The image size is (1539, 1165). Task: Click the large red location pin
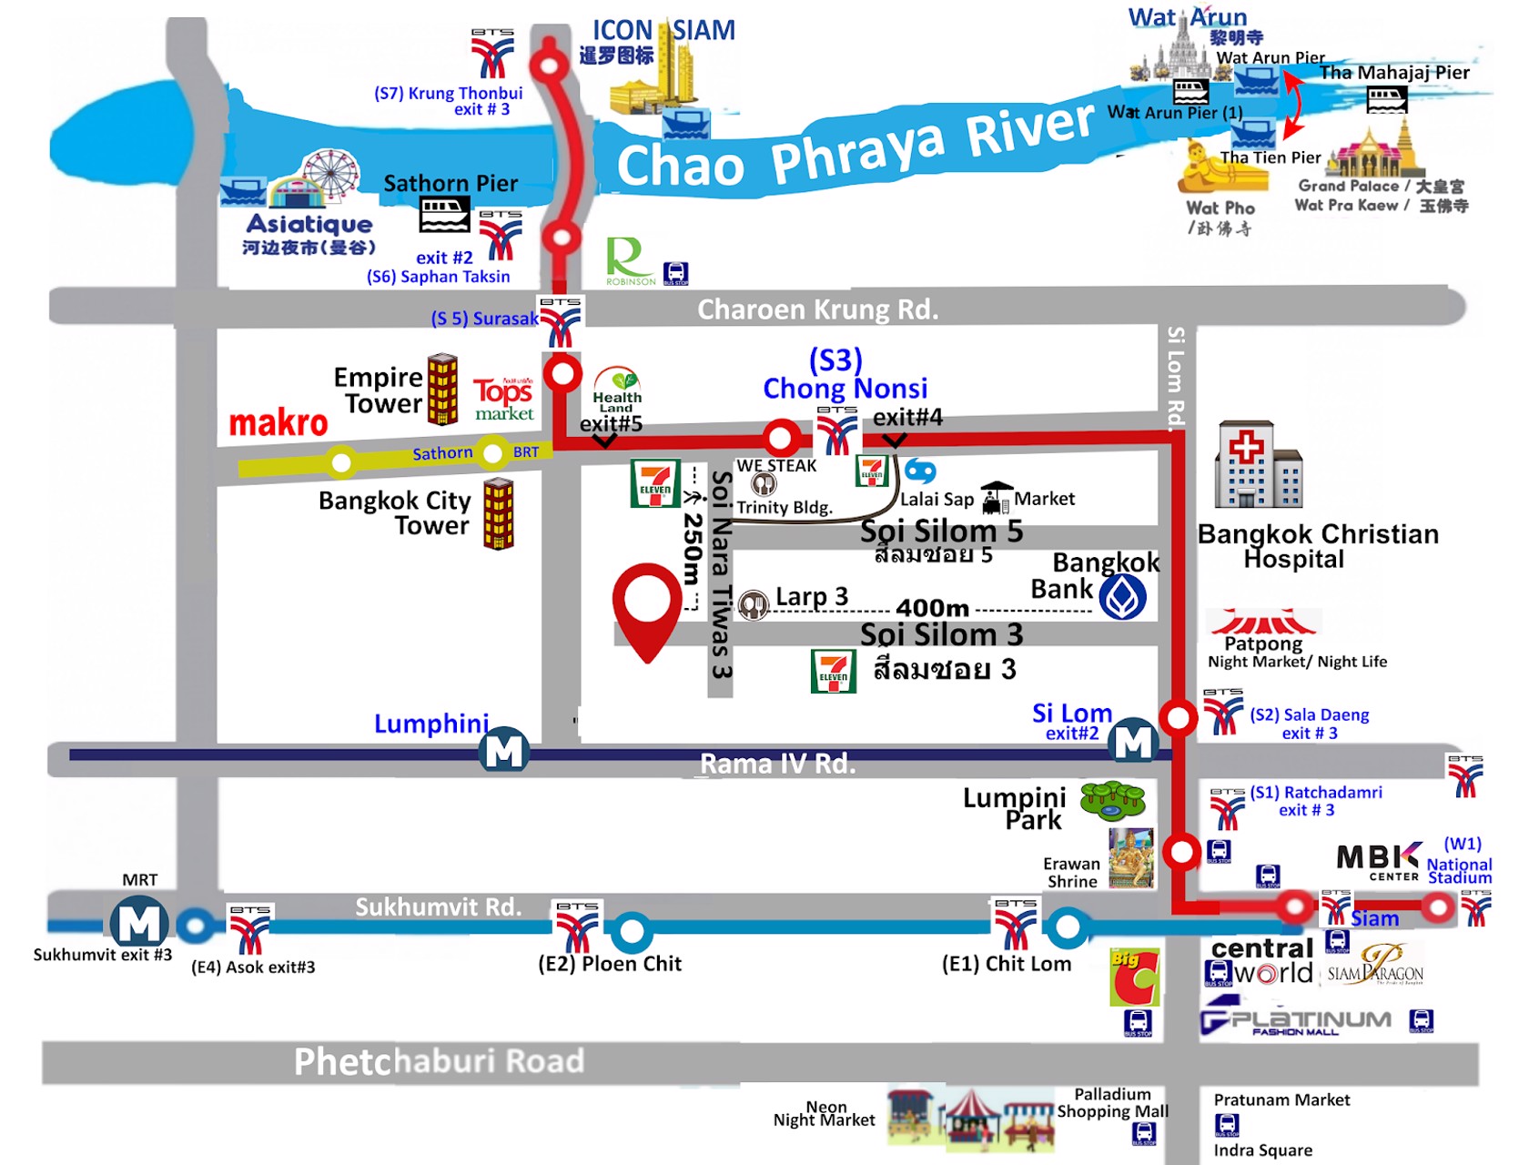647,605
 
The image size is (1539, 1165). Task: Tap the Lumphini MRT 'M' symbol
505,750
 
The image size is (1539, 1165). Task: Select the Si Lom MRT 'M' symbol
1133,742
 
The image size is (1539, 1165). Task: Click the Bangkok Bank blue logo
1122,598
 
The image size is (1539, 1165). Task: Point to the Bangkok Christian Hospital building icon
1259,465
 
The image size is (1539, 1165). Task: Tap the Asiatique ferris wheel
331,175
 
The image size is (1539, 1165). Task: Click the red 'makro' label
278,423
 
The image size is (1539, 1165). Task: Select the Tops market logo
503,399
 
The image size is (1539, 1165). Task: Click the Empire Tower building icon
443,390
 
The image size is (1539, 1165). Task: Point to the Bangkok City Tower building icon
498,514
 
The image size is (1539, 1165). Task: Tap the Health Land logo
617,390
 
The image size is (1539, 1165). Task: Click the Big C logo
1134,977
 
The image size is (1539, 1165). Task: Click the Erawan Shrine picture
1130,858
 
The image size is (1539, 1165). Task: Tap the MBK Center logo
1378,860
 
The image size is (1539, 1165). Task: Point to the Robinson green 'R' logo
627,259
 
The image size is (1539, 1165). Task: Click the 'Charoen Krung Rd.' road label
817,309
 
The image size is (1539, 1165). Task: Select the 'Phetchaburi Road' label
439,1061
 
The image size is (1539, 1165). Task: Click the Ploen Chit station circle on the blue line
631,931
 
